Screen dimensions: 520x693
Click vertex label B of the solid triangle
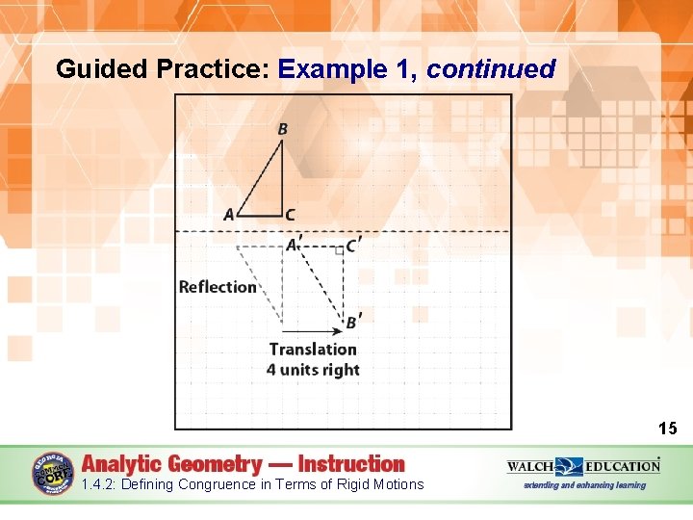tap(282, 129)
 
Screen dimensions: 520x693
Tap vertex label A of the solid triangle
tap(229, 215)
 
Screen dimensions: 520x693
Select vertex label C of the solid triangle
tap(290, 215)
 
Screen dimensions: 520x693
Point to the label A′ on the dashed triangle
tap(294, 246)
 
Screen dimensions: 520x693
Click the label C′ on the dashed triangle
tap(353, 246)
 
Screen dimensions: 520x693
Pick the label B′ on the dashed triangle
tap(353, 322)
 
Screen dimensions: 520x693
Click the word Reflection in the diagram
tap(218, 287)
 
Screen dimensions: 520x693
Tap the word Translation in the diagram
tap(313, 350)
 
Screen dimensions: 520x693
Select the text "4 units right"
tap(313, 370)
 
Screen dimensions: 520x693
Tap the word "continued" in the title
tap(491, 69)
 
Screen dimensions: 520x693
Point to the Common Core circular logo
tap(53, 475)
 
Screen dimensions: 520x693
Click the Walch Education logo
tap(584, 466)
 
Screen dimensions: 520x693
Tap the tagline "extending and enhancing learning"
tap(584, 485)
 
